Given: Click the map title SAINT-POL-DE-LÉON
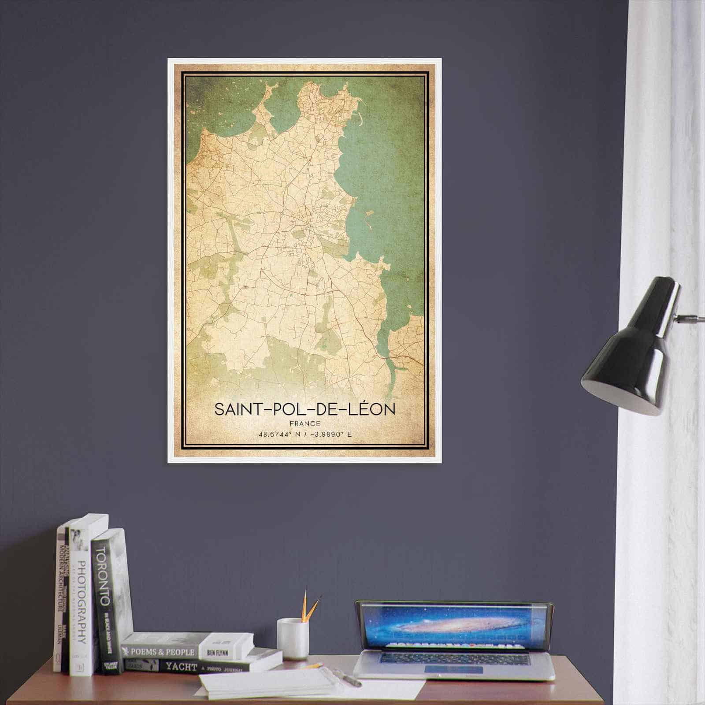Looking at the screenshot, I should click(x=305, y=409).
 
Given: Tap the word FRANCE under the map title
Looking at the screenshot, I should click(x=305, y=424).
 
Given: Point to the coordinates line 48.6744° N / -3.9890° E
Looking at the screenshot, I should click(x=305, y=434).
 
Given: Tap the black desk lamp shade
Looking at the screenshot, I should click(x=630, y=361).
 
